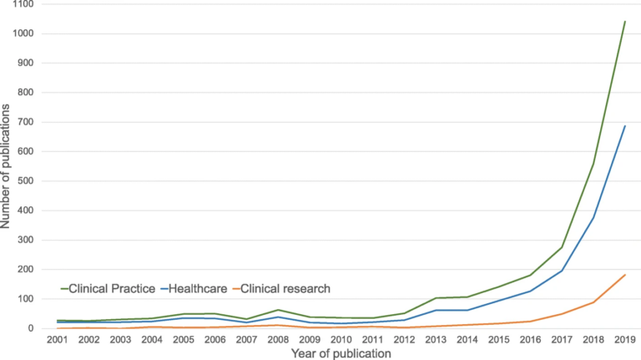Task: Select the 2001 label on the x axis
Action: pos(58,341)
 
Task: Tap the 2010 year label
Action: pos(341,341)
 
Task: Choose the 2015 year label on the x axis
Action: pos(497,341)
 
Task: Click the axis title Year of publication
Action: pos(341,354)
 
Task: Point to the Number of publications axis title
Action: pos(8,167)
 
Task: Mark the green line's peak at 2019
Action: pos(623,22)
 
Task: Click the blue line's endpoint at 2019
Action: pos(623,126)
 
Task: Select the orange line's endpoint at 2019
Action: pos(623,275)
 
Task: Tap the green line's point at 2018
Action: pos(592,163)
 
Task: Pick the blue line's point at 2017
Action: pos(561,271)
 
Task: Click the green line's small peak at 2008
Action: pos(278,310)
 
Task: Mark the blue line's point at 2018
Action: pos(592,218)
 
